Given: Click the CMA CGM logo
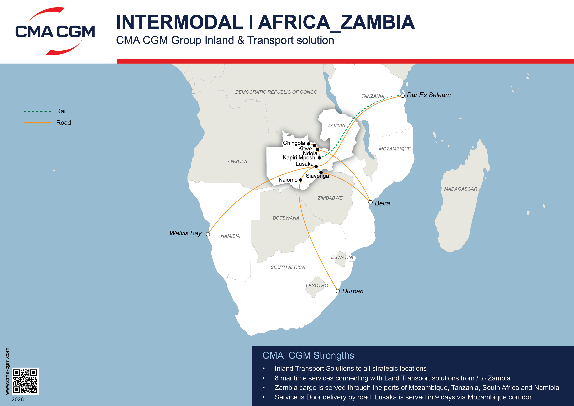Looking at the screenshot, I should [x=55, y=31].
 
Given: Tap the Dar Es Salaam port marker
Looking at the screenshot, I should [x=403, y=96].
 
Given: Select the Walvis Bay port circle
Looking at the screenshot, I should [x=208, y=234].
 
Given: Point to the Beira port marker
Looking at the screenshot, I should [x=370, y=202].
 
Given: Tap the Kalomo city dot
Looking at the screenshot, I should [x=301, y=180].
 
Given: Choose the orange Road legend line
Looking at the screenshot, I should [x=37, y=123].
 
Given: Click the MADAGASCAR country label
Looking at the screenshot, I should [x=460, y=189].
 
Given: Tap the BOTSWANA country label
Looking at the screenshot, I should [x=286, y=218].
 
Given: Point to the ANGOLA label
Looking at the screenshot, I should [x=237, y=162].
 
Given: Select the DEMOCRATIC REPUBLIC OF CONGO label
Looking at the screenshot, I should [x=276, y=92].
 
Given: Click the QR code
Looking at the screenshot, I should [x=25, y=381].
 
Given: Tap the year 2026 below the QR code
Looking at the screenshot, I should [x=18, y=399].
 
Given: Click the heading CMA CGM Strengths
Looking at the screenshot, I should [x=308, y=355].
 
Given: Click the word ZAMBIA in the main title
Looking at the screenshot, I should [x=377, y=23].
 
